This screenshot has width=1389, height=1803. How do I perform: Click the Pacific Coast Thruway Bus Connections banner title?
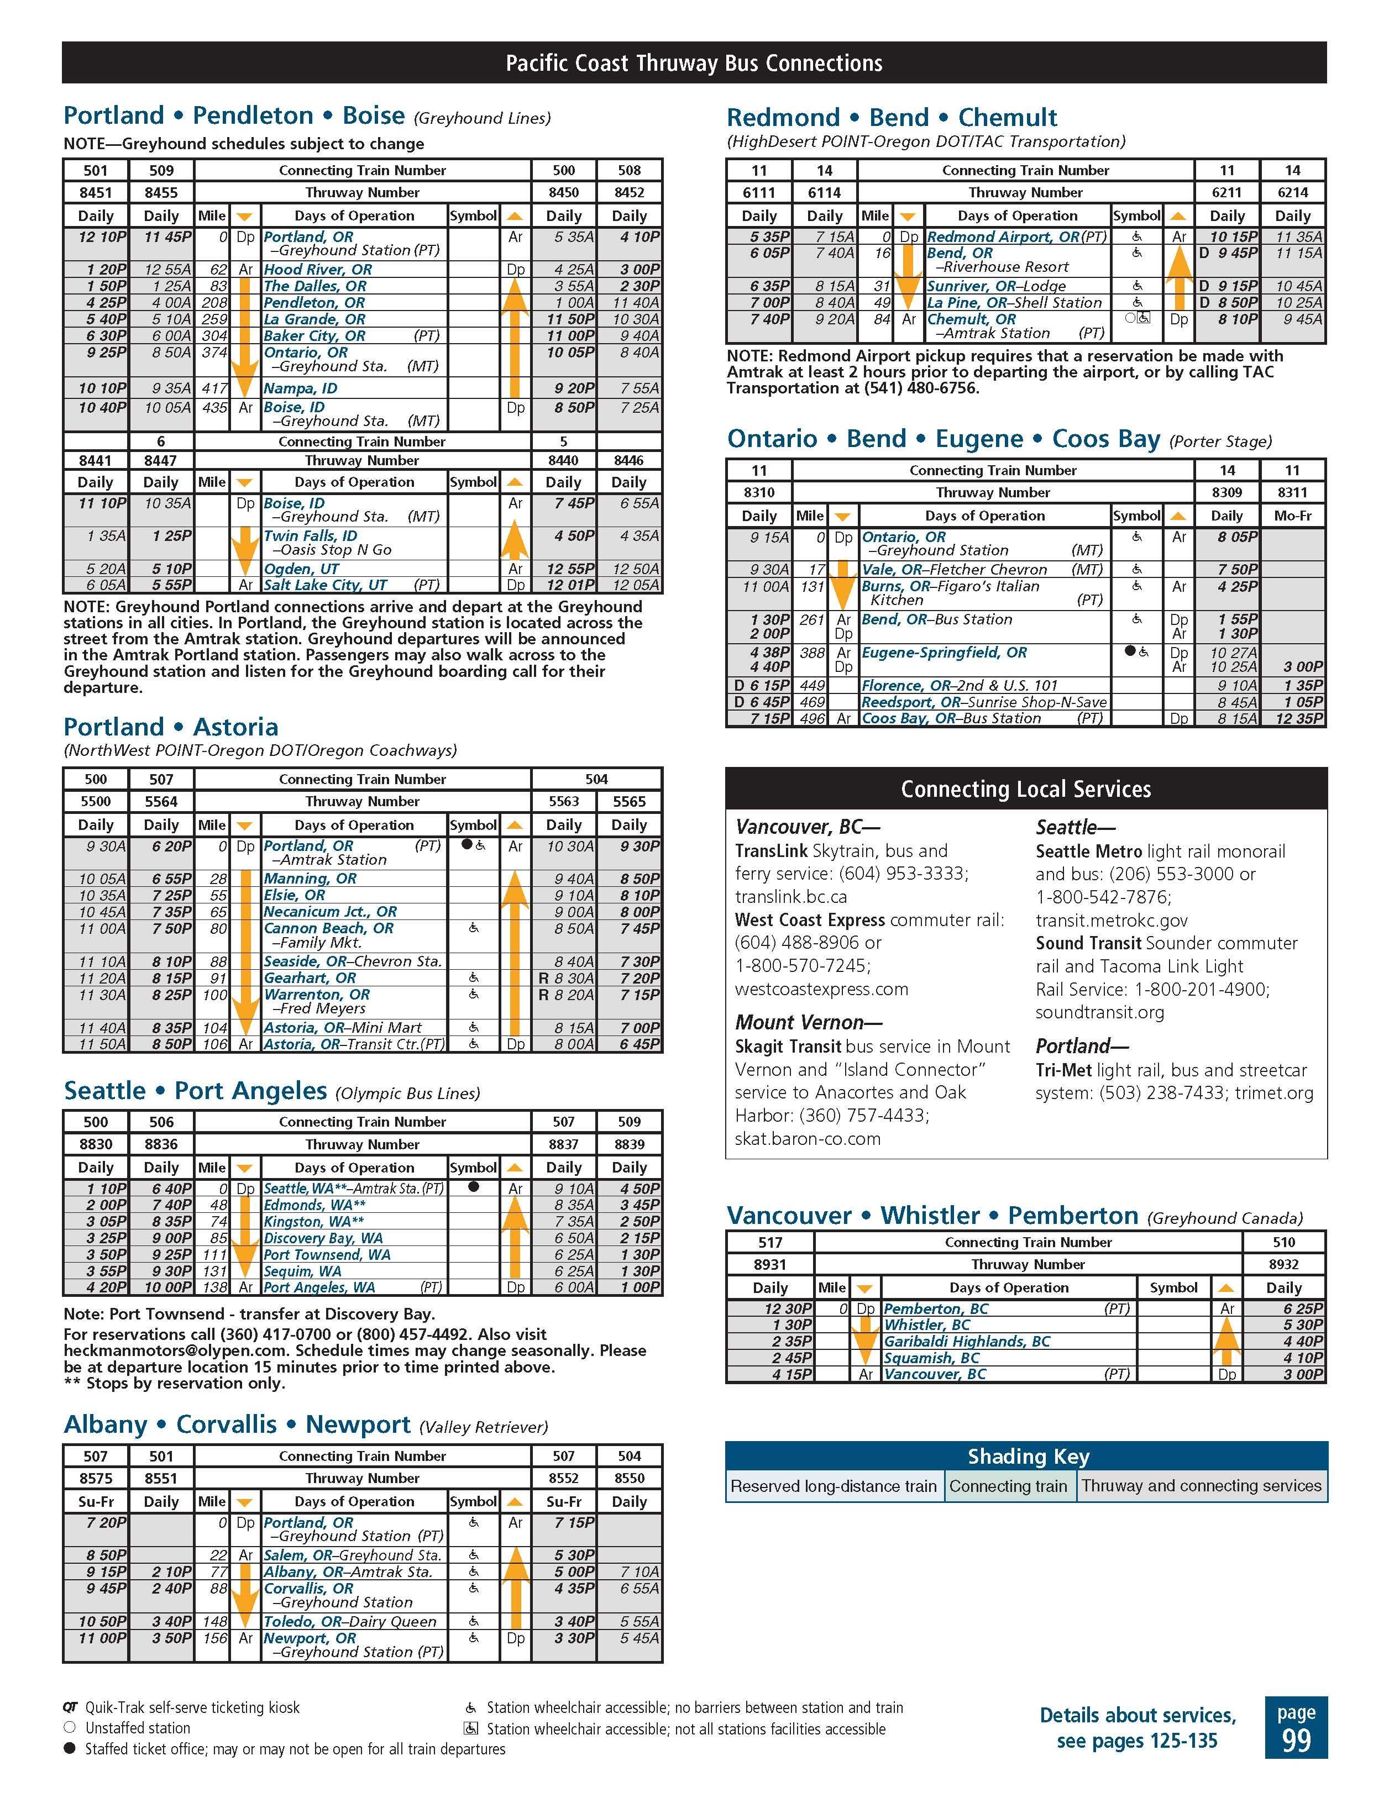694,64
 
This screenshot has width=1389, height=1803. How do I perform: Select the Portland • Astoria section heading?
171,727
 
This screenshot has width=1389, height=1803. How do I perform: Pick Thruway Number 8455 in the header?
161,192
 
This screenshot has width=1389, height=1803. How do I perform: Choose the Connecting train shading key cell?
1008,1486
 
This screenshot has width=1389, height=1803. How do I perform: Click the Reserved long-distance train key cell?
834,1486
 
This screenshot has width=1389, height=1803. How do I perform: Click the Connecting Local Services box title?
1026,789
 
